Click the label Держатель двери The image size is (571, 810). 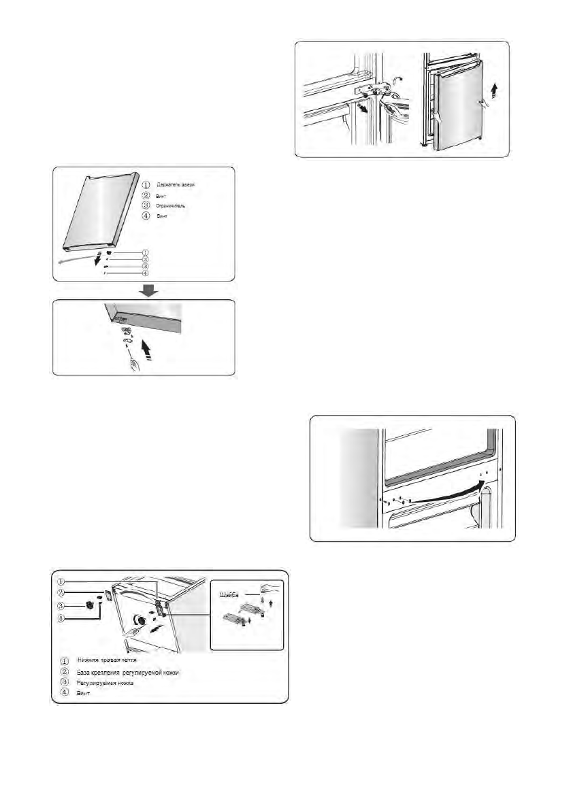coord(176,184)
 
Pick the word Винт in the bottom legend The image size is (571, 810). coord(83,695)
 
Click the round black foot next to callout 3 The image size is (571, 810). coord(89,605)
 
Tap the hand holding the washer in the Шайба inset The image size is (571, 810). coord(270,587)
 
